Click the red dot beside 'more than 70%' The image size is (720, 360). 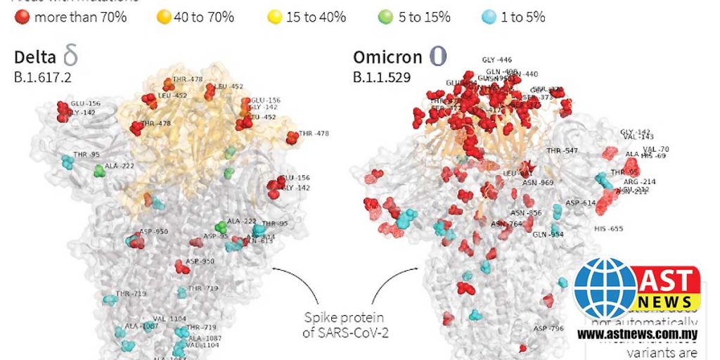coord(22,16)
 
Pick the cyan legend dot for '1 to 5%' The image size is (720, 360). coord(488,16)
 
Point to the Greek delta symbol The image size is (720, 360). coord(70,55)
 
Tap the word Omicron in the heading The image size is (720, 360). coord(387,57)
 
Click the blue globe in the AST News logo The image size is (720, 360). coord(604,288)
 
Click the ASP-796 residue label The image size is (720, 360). coord(548,328)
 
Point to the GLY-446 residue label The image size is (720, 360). coord(497,60)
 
